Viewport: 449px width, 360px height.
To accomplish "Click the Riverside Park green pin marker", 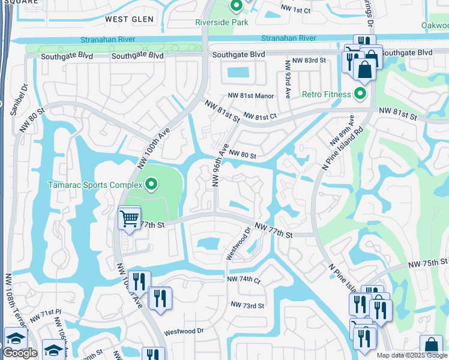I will pos(236,7).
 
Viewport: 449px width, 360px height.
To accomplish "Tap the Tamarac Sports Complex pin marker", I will pos(151,184).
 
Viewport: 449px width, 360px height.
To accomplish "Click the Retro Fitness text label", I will pos(326,94).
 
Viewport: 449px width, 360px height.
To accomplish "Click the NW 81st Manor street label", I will pos(250,96).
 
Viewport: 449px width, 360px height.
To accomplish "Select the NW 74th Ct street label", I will pos(244,280).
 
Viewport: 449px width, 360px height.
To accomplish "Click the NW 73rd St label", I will pos(248,305).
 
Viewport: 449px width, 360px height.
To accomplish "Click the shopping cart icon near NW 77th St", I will pos(129,218).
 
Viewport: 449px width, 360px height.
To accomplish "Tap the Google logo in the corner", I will pos(20,353).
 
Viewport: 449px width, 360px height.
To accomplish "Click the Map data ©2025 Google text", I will pos(412,355).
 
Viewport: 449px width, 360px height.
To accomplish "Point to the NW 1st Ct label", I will pos(295,10).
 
